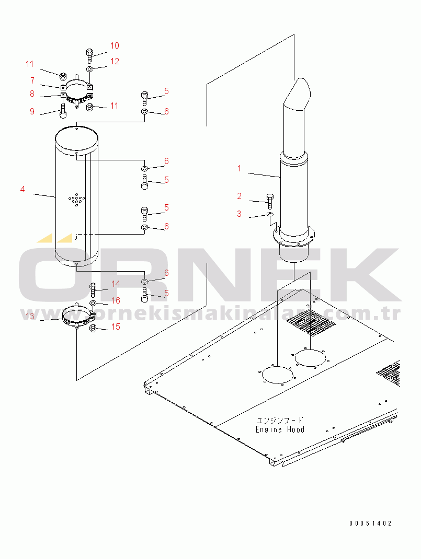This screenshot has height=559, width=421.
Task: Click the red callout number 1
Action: click(239, 168)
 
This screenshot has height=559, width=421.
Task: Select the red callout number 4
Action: click(22, 189)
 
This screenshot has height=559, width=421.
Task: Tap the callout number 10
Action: click(115, 45)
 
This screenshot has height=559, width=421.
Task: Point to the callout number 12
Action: click(115, 61)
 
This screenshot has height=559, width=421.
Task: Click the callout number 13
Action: click(30, 316)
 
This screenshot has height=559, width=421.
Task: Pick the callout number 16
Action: click(116, 300)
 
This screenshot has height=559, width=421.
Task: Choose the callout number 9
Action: click(32, 111)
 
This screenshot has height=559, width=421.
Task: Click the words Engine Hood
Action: click(280, 429)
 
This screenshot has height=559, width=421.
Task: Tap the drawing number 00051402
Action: click(370, 523)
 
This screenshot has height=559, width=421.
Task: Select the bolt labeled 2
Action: click(270, 200)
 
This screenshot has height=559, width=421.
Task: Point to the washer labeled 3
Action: click(269, 214)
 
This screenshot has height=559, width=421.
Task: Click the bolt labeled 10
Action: click(89, 53)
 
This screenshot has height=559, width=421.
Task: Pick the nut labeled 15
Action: click(93, 328)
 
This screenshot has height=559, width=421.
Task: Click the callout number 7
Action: click(32, 80)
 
